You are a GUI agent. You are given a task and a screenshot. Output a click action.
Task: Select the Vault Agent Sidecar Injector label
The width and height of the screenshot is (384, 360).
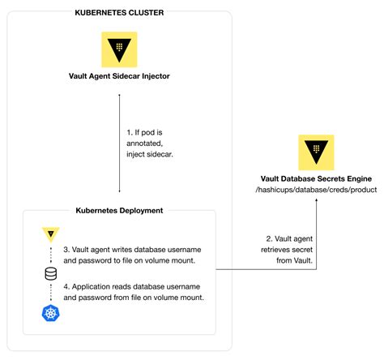pyautogui.click(x=119, y=78)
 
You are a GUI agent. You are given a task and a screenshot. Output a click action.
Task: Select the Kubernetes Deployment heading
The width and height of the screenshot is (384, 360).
pyautogui.click(x=118, y=210)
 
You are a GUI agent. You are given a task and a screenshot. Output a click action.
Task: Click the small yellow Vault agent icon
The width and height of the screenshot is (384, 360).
pyautogui.click(x=48, y=236)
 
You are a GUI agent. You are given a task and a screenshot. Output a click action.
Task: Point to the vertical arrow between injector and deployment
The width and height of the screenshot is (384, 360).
pyautogui.click(x=120, y=143)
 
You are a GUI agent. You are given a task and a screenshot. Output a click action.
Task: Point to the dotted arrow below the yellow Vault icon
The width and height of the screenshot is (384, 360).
pyautogui.click(x=48, y=255)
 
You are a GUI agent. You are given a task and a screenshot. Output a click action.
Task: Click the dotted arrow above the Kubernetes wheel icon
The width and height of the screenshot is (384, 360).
pyautogui.click(x=48, y=293)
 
